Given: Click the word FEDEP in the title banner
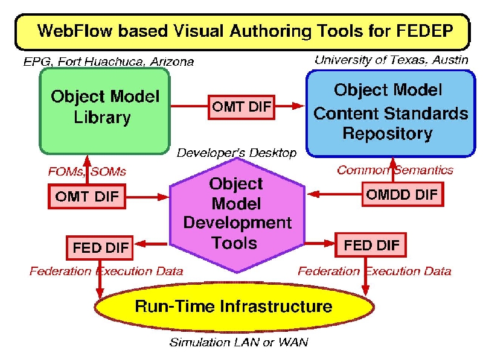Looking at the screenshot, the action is [424, 31].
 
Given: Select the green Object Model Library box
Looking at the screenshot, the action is [104, 111].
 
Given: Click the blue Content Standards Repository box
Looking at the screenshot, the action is [391, 113].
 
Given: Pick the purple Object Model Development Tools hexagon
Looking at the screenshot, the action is [237, 215].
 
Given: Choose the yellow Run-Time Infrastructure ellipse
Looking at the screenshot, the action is [234, 306].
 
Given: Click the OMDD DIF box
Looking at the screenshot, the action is [402, 194].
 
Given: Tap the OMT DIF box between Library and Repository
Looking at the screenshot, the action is [241, 107].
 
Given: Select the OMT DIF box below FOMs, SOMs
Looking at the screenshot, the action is [87, 197].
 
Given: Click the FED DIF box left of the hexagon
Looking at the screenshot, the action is [100, 247].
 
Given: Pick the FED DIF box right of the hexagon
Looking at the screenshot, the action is [371, 245].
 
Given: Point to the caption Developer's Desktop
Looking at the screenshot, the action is [237, 153].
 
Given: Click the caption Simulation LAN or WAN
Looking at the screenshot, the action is [238, 342].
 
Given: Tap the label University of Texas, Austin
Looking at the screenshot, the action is [391, 60].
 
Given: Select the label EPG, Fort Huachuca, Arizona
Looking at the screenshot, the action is [109, 62].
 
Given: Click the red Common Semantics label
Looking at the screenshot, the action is [395, 170].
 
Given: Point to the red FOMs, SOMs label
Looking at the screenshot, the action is [87, 171].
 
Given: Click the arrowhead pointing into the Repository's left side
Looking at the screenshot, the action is [298, 106].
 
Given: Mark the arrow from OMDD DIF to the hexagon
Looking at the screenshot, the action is [334, 194].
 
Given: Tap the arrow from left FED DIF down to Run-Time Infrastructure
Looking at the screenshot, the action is [100, 279].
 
